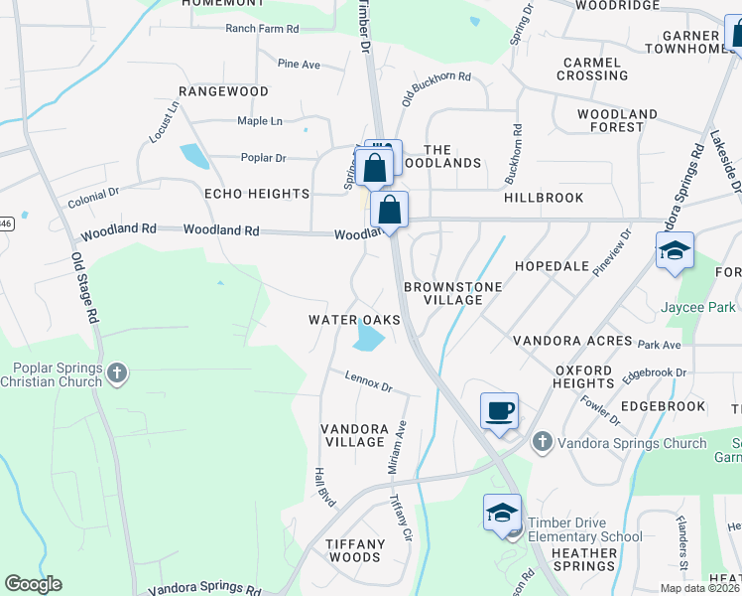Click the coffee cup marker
[x=499, y=410]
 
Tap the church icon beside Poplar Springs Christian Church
[x=117, y=373]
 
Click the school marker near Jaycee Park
[x=675, y=251]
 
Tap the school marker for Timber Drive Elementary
[x=503, y=513]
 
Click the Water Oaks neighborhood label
[x=354, y=320]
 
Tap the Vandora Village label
[x=353, y=434]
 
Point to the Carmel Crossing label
[x=592, y=69]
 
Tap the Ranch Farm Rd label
[x=262, y=29]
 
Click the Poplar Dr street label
[x=263, y=157]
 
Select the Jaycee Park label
[x=698, y=307]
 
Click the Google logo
[x=34, y=585]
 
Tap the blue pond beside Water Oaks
[x=368, y=340]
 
